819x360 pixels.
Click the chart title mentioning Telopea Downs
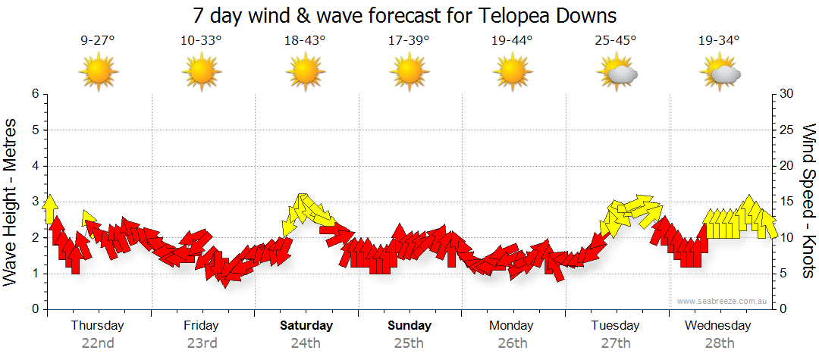click(404, 15)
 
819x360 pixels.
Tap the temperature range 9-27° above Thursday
click(98, 41)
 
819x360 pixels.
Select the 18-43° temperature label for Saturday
click(305, 41)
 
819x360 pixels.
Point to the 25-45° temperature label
click(616, 41)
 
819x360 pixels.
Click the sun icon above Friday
click(201, 73)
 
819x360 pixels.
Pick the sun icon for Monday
click(513, 73)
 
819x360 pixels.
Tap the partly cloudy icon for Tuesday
click(617, 74)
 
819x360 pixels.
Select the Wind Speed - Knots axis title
click(808, 201)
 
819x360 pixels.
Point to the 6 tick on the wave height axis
click(34, 94)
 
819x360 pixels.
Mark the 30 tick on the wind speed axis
click(787, 94)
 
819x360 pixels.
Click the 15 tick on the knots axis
click(787, 202)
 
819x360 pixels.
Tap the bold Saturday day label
click(306, 326)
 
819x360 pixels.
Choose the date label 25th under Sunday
click(409, 343)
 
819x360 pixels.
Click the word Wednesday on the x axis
click(717, 326)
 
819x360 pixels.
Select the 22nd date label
click(98, 343)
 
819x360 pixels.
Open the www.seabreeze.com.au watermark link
click(723, 301)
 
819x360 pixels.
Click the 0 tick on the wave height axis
click(34, 309)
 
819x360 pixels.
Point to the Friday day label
click(201, 326)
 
